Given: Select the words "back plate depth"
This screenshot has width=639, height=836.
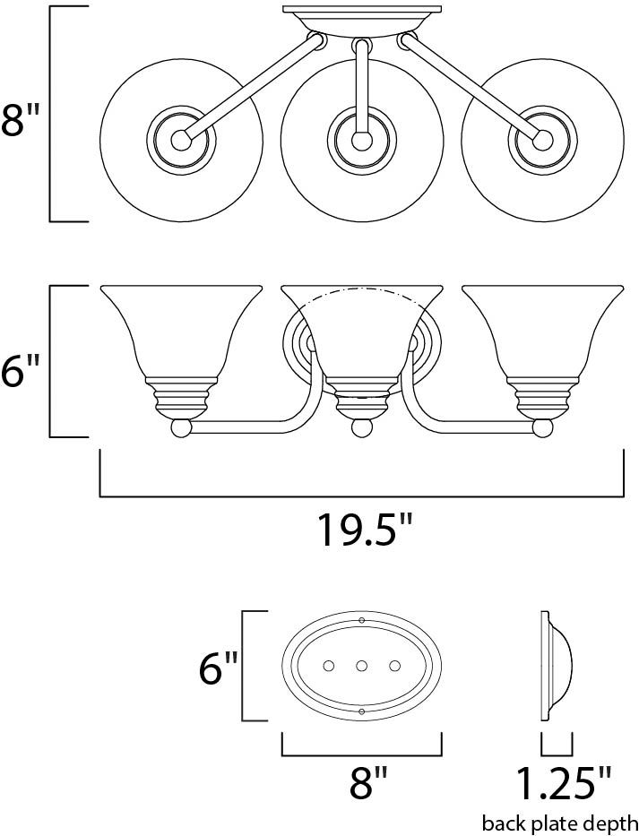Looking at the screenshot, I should pyautogui.click(x=560, y=823).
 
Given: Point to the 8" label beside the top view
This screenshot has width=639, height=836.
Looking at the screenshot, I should pyautogui.click(x=21, y=122).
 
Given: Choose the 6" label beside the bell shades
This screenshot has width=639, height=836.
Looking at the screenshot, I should pyautogui.click(x=21, y=368).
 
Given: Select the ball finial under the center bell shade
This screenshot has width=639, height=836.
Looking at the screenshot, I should pyautogui.click(x=361, y=428).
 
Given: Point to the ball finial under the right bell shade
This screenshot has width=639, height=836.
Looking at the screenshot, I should pyautogui.click(x=541, y=428).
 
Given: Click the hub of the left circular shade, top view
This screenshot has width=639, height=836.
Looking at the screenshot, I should pyautogui.click(x=182, y=140).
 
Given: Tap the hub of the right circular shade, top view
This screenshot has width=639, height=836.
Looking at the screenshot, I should pyautogui.click(x=541, y=140).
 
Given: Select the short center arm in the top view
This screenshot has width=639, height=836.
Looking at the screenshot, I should pyautogui.click(x=361, y=90).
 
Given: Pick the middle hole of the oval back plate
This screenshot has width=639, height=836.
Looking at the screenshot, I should pyautogui.click(x=361, y=666).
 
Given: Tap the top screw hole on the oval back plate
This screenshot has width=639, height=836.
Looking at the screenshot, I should pyautogui.click(x=361, y=620).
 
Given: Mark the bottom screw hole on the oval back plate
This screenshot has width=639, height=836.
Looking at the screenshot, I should pyautogui.click(x=361, y=711).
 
